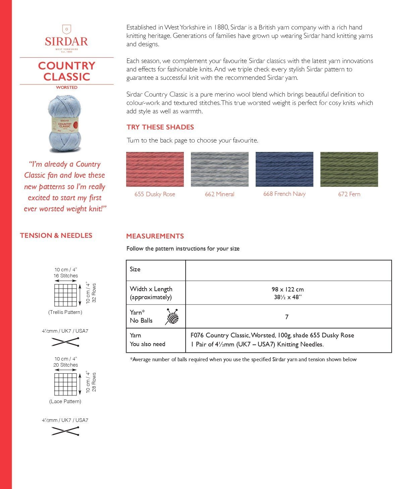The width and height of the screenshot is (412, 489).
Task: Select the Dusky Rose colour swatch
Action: pos(155,169)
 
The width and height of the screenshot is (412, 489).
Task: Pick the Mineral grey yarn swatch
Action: pos(219,169)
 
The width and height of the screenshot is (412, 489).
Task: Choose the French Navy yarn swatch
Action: pos(284,169)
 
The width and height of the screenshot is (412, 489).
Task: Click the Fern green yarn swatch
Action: pos(349,169)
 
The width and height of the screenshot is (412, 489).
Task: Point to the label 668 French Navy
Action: pos(284,194)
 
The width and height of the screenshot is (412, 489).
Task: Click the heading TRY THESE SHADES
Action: pos(160,127)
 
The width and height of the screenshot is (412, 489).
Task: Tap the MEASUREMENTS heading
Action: pos(155,236)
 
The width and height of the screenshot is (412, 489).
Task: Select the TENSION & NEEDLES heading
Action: pos(56,235)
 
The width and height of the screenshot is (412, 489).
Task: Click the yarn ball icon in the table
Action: pos(172,317)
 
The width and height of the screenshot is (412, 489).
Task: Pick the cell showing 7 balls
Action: pos(287,317)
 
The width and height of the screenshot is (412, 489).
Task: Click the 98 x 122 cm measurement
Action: pos(288,289)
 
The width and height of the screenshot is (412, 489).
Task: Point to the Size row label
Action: pos(135,269)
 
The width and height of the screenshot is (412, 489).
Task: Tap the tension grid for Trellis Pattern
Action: pos(66,295)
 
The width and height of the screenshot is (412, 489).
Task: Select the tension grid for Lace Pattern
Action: pos(66,384)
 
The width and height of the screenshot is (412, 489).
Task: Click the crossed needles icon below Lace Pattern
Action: pos(65,431)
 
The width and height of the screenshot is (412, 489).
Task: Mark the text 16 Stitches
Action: pos(66,276)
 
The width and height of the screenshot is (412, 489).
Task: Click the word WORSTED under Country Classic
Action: pos(66,88)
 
